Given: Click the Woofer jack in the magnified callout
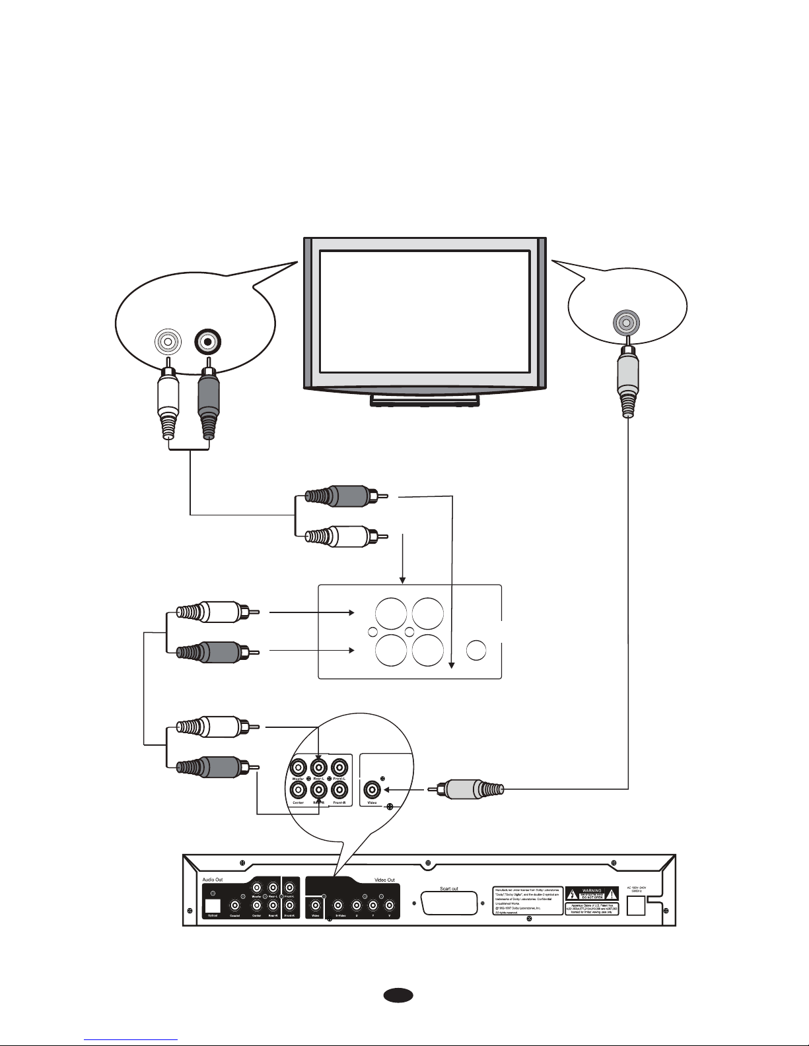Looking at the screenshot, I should [x=299, y=767].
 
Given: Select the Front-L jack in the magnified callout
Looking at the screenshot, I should [x=339, y=767].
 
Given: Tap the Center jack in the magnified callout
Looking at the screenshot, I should [x=299, y=790].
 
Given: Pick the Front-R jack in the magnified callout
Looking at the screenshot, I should [x=339, y=790].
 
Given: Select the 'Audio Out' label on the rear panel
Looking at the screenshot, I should [x=213, y=880].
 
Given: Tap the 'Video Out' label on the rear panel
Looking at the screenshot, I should [x=384, y=880].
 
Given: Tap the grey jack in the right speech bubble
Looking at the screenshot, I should [x=625, y=322].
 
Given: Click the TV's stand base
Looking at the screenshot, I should [x=425, y=399].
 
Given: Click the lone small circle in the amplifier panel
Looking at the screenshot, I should [x=477, y=650].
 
